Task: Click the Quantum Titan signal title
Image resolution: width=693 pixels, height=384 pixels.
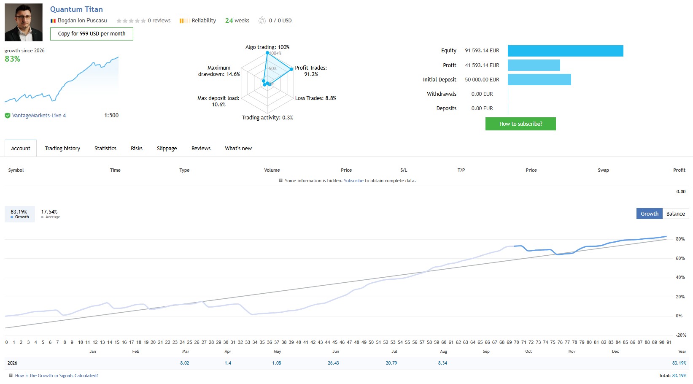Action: click(76, 9)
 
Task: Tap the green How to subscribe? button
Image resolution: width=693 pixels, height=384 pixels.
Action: click(520, 124)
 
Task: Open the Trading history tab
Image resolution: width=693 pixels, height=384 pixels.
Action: click(62, 148)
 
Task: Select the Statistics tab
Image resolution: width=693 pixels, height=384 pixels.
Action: click(105, 148)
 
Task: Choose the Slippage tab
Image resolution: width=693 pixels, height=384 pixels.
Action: click(167, 148)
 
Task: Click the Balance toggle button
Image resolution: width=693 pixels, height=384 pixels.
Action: click(675, 214)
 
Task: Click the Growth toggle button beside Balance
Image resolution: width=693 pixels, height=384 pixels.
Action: click(650, 214)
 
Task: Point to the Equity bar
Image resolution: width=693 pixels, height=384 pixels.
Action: click(566, 51)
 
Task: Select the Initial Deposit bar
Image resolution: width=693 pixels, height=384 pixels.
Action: click(539, 79)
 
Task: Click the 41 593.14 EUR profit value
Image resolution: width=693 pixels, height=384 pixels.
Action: click(482, 65)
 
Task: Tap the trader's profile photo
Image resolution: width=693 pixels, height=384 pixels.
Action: click(24, 22)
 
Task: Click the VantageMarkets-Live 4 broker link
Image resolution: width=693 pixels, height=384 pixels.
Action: click(39, 116)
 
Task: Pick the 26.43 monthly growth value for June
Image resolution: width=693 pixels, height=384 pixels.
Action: click(333, 363)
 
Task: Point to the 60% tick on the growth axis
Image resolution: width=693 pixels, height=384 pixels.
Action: click(680, 258)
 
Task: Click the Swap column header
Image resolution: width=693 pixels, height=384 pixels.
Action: click(603, 170)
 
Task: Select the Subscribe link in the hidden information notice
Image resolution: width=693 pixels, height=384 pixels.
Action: click(353, 181)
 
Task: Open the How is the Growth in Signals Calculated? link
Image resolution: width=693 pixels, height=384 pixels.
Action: click(57, 376)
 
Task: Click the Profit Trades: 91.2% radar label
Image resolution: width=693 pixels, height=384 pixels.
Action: click(311, 71)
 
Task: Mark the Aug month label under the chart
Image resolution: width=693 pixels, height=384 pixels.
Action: click(443, 352)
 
